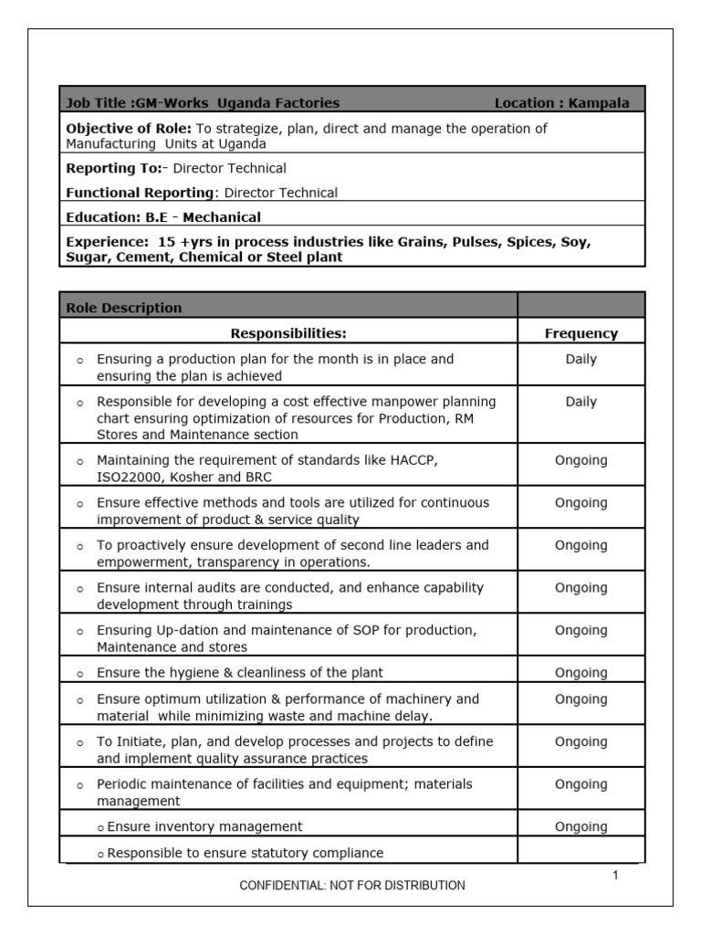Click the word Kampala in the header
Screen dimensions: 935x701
coord(599,103)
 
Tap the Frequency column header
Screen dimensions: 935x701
coord(581,333)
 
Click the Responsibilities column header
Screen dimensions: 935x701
coord(288,333)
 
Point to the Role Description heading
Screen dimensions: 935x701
coord(124,308)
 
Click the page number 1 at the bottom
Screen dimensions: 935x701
coord(615,876)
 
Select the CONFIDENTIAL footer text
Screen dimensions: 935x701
coord(351,885)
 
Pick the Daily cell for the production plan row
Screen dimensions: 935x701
coord(581,359)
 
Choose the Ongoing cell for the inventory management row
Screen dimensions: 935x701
coord(581,826)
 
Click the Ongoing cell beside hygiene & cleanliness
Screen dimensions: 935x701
coord(581,673)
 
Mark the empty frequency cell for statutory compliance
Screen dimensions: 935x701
coord(581,853)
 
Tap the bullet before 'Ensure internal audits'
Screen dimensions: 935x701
coord(80,589)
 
